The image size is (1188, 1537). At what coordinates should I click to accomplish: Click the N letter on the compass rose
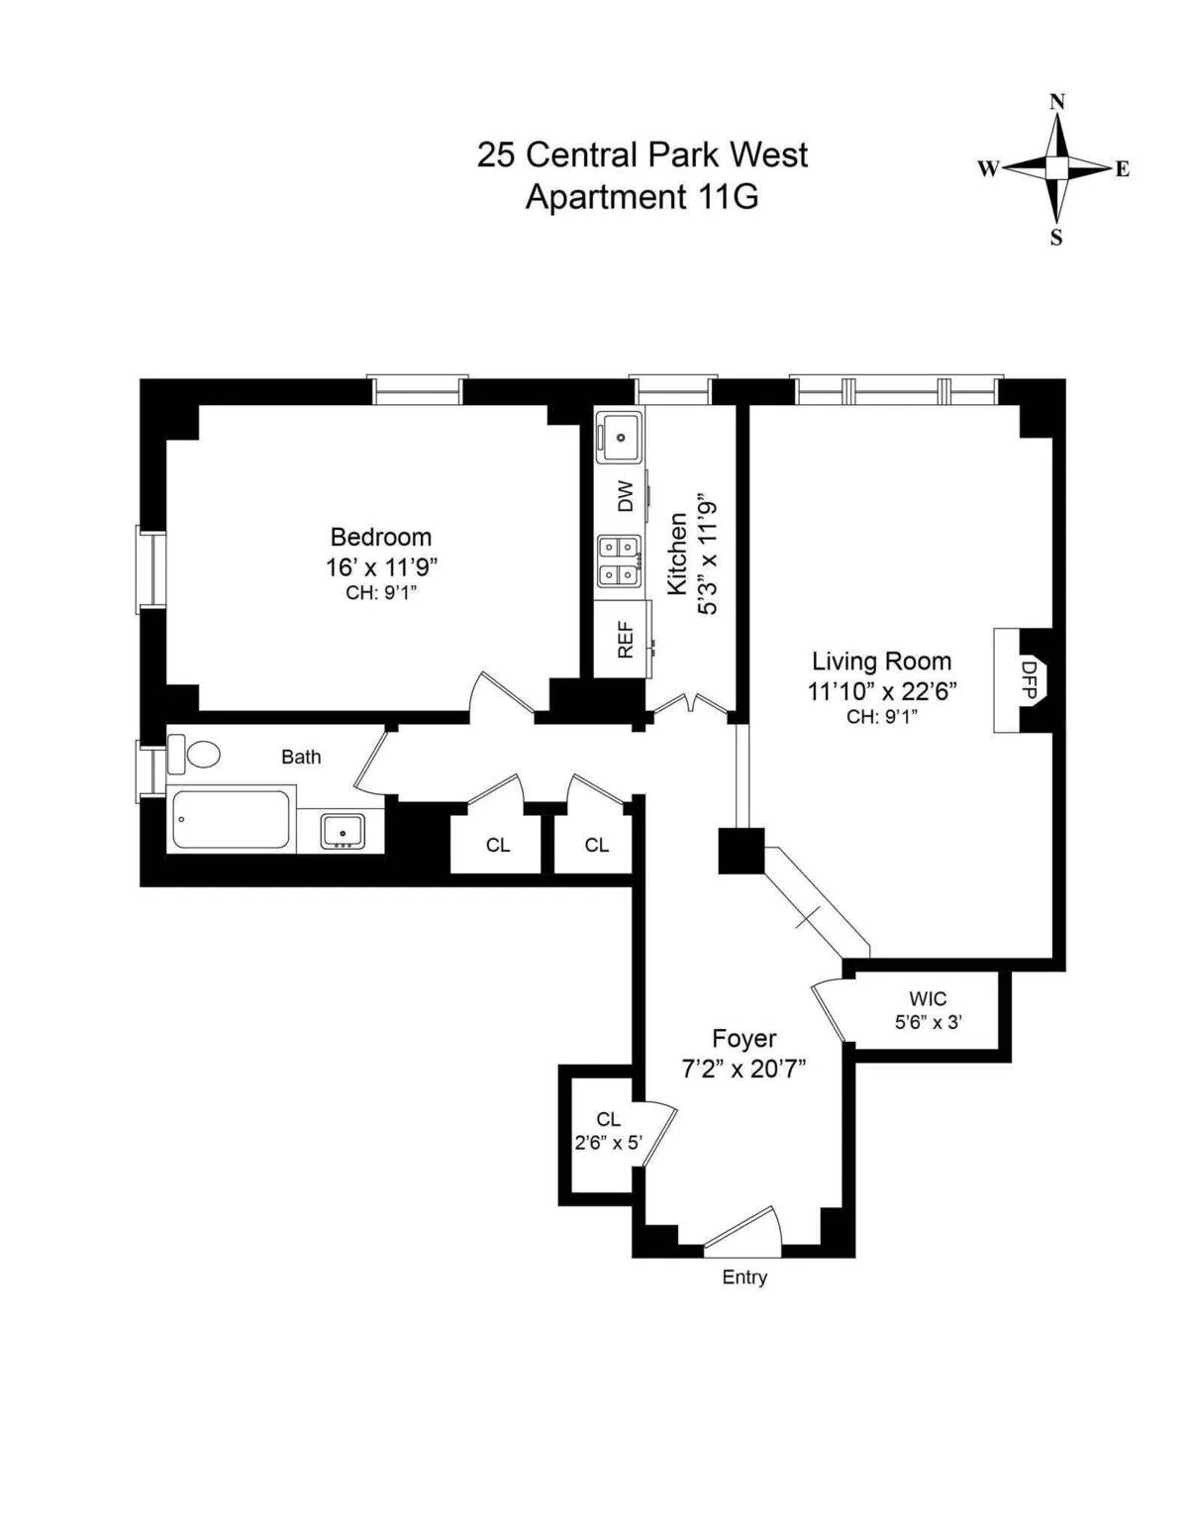(1056, 102)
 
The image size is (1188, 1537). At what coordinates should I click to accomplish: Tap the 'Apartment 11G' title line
(642, 197)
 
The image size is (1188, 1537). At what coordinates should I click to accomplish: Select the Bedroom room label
(380, 537)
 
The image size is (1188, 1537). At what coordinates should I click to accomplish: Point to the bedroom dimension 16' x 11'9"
(381, 567)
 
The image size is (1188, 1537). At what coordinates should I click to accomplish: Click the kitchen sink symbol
(620, 435)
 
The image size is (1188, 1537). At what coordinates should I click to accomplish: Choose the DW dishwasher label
(625, 496)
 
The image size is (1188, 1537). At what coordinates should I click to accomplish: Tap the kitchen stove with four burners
(618, 561)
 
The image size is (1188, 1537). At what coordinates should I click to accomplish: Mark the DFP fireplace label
(1029, 680)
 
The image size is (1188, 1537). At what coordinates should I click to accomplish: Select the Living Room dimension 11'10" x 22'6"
(881, 690)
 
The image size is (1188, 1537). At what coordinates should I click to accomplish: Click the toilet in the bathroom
(195, 755)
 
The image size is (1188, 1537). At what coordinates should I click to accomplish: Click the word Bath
(301, 757)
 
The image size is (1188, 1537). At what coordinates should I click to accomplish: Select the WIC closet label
(928, 999)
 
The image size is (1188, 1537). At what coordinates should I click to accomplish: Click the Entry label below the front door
(744, 1278)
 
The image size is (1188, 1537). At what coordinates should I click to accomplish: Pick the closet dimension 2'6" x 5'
(608, 1142)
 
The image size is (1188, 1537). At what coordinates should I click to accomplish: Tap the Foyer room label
(744, 1039)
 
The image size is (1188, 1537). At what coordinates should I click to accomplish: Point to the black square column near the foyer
(741, 851)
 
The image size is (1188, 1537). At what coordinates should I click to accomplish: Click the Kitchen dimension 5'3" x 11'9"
(707, 555)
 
